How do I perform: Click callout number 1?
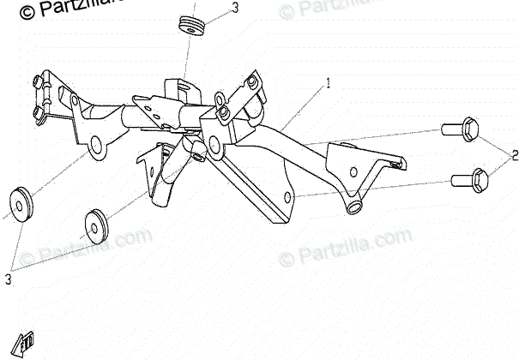pyautogui.click(x=327, y=83)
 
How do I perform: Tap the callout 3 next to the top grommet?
pyautogui.click(x=235, y=9)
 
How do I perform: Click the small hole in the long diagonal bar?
pyautogui.click(x=287, y=197)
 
